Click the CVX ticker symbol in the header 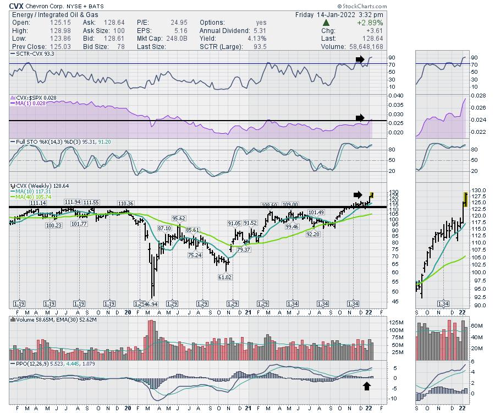[17, 6]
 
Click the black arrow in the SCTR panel [359, 58]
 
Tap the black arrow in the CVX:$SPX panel [360, 117]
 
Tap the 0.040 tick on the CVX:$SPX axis [382, 95]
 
